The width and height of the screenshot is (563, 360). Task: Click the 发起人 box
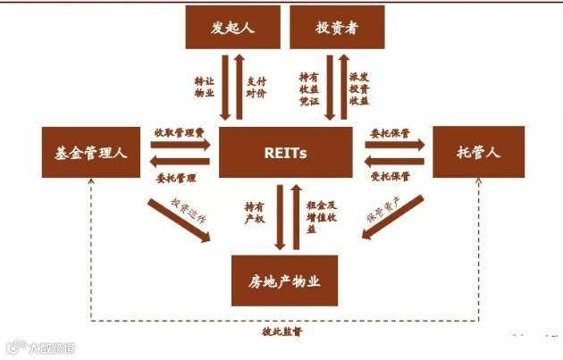pyautogui.click(x=232, y=28)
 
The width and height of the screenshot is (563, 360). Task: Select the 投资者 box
pyautogui.click(x=338, y=28)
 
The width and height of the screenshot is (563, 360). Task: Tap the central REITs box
pyautogui.click(x=285, y=153)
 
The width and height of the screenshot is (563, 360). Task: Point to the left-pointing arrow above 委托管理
pyautogui.click(x=179, y=162)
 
